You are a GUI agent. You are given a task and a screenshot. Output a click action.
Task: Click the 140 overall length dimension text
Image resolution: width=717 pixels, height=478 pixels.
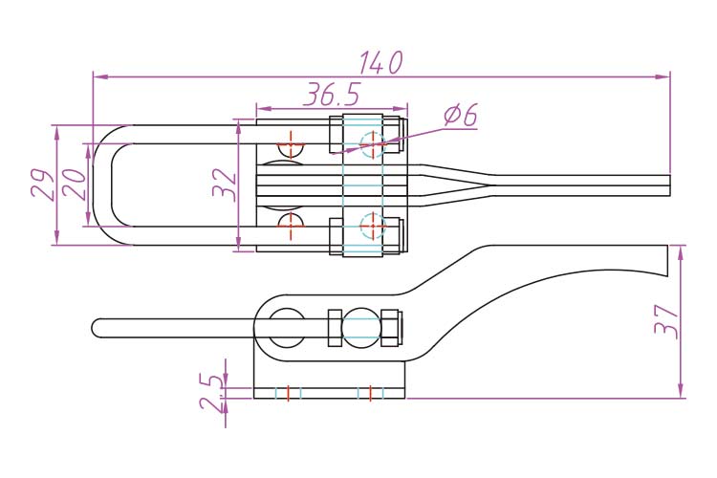[x=380, y=63]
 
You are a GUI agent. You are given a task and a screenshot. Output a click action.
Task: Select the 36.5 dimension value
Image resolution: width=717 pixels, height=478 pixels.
[x=332, y=95]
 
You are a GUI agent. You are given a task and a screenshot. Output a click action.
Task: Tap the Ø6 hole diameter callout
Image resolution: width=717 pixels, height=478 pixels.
[x=460, y=116]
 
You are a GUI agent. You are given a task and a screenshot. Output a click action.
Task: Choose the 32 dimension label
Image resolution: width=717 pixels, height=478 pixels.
[x=222, y=184]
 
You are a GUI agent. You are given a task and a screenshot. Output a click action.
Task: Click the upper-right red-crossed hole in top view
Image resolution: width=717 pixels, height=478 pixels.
[x=372, y=144]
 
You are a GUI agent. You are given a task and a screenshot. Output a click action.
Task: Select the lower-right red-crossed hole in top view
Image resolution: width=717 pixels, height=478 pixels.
[x=372, y=226]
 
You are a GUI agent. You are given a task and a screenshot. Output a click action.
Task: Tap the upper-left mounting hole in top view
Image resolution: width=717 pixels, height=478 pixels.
[x=290, y=147]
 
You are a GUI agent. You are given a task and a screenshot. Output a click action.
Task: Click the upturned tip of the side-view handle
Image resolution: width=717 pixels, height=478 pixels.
[x=662, y=260]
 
